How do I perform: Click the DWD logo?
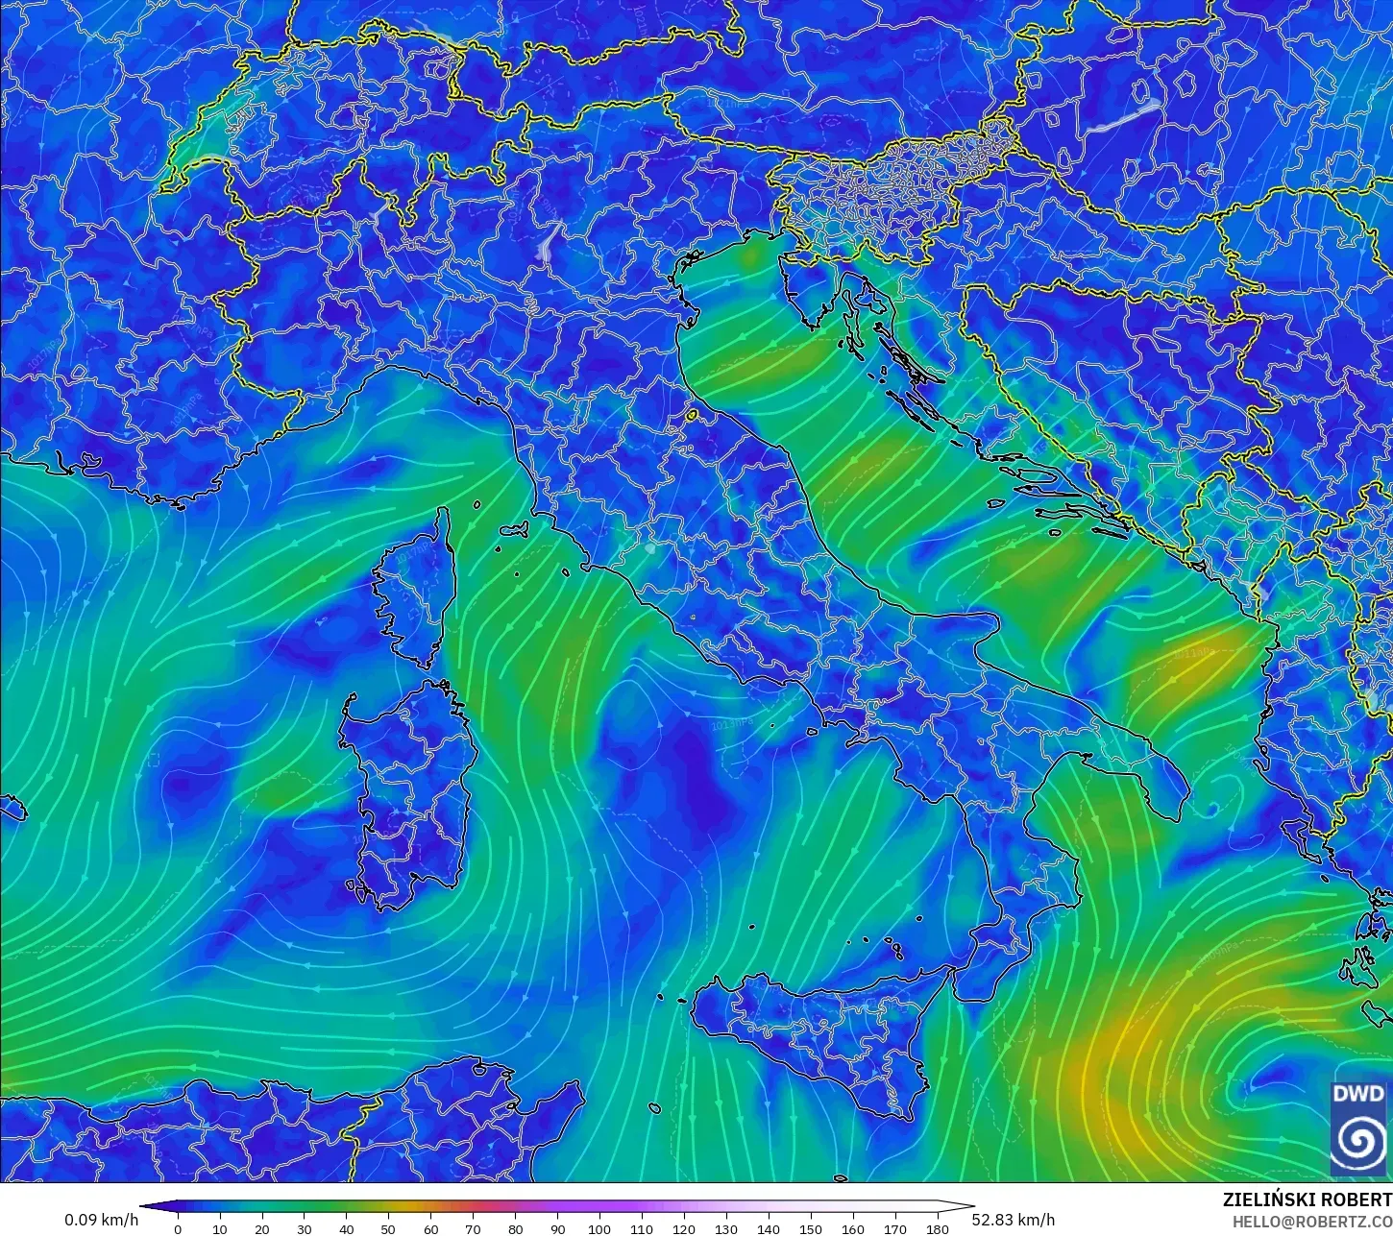click(x=1357, y=1126)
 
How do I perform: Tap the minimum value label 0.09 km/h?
click(x=101, y=1220)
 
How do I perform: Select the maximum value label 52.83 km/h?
click(x=1014, y=1220)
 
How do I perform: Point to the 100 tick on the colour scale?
click(x=599, y=1228)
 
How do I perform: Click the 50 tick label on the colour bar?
click(x=388, y=1228)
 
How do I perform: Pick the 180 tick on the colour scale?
click(x=938, y=1228)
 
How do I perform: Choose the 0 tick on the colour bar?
click(x=178, y=1228)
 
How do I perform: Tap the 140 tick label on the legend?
click(x=769, y=1228)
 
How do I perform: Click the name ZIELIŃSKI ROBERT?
click(x=1307, y=1200)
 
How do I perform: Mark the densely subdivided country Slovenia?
click(x=893, y=192)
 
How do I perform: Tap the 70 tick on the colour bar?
click(x=473, y=1228)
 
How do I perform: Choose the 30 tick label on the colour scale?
click(x=304, y=1228)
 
